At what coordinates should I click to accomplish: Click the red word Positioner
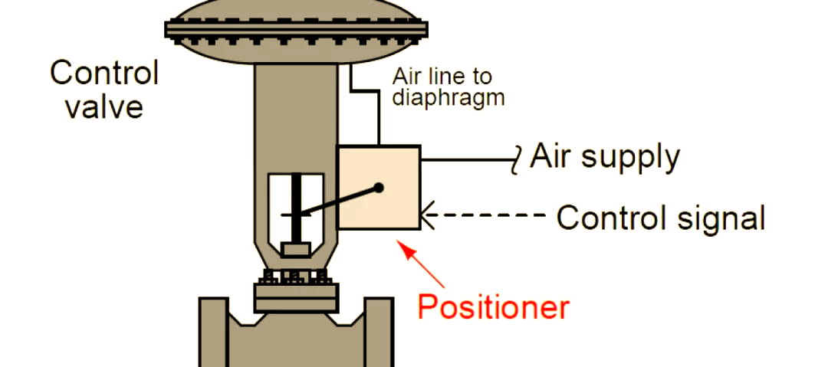coord(494,306)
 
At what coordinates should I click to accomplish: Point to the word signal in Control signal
coord(721,217)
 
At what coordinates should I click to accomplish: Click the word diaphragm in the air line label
coord(449,98)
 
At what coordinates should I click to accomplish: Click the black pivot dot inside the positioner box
coord(379,187)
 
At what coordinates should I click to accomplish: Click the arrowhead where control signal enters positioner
coord(427,215)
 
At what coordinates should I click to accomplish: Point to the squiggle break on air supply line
coord(518,159)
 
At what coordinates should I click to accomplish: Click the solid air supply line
coord(468,159)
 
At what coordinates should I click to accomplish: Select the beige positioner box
coord(379,188)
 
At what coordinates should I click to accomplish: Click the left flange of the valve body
coord(213,333)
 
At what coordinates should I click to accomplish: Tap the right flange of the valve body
coord(379,333)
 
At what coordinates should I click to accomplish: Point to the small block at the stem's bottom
coord(296,250)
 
